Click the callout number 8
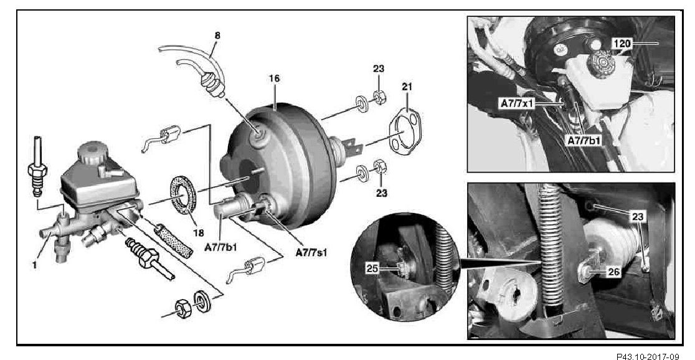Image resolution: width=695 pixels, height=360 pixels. pyautogui.click(x=217, y=35)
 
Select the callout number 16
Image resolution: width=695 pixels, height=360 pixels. pyautogui.click(x=275, y=79)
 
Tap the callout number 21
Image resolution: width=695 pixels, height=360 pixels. pyautogui.click(x=407, y=87)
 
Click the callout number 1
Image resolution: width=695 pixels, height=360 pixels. pyautogui.click(x=35, y=265)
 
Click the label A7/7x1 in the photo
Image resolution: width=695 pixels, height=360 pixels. pyautogui.click(x=516, y=103)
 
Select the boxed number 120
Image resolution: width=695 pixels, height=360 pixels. pyautogui.click(x=622, y=44)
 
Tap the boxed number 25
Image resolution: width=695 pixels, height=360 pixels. pyautogui.click(x=372, y=268)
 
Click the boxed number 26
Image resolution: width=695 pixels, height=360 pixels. pyautogui.click(x=613, y=272)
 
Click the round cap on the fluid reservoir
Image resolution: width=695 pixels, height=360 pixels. pyautogui.click(x=92, y=153)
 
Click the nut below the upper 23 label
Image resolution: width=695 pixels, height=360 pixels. pyautogui.click(x=380, y=97)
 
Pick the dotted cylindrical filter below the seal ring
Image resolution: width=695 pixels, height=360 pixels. pyautogui.click(x=173, y=242)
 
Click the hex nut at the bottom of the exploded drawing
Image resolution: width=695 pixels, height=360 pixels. pyautogui.click(x=182, y=308)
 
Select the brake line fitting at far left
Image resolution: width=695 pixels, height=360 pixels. pyautogui.click(x=37, y=167)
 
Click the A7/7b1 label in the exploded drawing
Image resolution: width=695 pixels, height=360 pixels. pyautogui.click(x=220, y=247)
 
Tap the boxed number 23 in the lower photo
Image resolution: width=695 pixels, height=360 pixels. pyautogui.click(x=637, y=216)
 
